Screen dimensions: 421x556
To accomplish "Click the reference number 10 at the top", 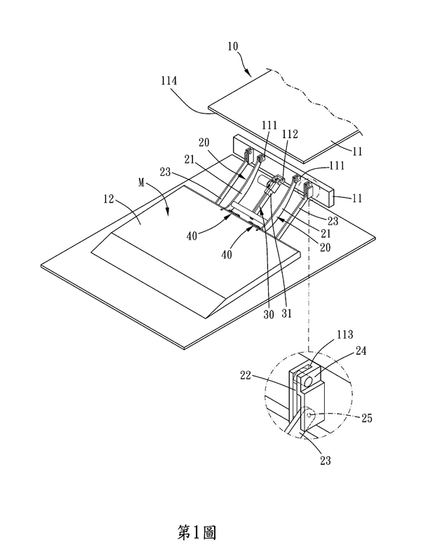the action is pos(233,47).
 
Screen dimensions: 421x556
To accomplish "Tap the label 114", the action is pos(168,81).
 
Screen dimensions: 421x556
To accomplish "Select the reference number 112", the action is pos(290,134).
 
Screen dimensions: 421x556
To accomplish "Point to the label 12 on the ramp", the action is pos(109,199).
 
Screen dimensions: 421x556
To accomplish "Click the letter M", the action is pos(142,184).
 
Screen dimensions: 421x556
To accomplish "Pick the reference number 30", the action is pos(269,314).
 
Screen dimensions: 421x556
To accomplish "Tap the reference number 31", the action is pos(286,313).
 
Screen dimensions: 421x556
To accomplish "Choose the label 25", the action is pos(367,419).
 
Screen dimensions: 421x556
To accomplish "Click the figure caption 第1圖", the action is pos(196,533).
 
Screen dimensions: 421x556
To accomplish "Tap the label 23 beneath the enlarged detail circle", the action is pos(325,461).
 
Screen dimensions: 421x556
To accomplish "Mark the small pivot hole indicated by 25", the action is pos(310,414).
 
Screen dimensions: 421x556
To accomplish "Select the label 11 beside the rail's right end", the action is pos(357,198).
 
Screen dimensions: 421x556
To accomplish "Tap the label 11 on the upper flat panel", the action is pos(357,151).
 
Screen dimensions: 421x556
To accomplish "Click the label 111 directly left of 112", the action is pos(269,126).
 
